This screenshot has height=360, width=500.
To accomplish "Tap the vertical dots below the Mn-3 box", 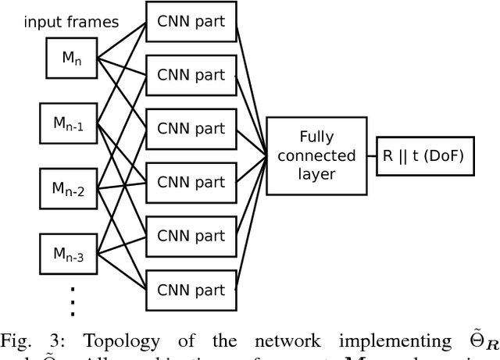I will (x=72, y=301).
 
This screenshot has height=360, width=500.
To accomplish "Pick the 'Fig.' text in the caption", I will (x=19, y=342).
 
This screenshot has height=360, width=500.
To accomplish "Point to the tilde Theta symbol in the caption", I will (x=473, y=340).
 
